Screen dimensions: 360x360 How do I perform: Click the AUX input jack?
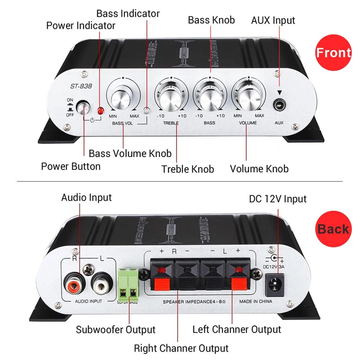click(278, 105)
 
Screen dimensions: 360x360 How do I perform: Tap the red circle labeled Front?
click(333, 53)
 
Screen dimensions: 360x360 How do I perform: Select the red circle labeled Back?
click(333, 229)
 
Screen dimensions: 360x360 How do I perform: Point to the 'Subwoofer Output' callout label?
click(116, 329)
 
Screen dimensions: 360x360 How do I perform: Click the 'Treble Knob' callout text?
click(188, 169)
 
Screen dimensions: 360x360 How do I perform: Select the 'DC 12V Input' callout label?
click(278, 199)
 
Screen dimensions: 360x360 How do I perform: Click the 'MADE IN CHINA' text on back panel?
click(256, 301)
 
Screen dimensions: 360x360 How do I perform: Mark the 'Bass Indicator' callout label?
click(128, 14)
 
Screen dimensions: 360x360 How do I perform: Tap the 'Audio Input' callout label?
click(86, 197)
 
